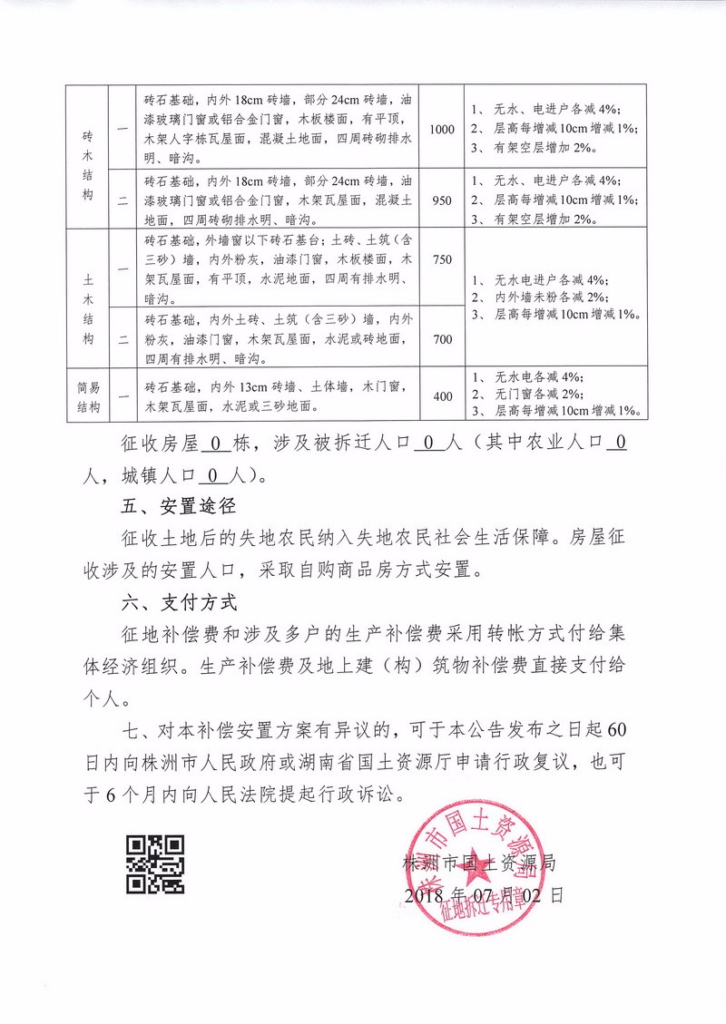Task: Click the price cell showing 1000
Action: click(x=442, y=130)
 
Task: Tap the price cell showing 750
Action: click(x=442, y=260)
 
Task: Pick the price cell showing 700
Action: click(x=442, y=339)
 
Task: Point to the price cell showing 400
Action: click(x=442, y=396)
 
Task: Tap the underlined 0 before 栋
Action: click(x=215, y=444)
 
